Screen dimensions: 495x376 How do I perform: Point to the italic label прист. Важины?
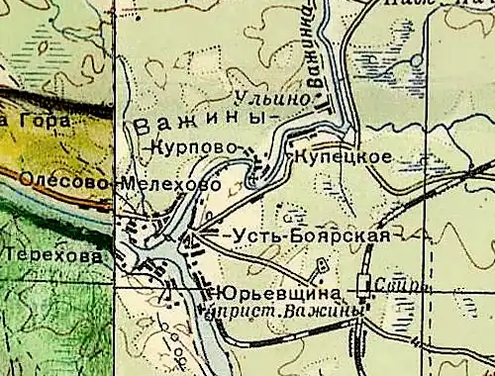(x=282, y=312)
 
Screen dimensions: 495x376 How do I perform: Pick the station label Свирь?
(x=400, y=286)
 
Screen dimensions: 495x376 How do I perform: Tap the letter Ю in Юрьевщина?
(x=218, y=294)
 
